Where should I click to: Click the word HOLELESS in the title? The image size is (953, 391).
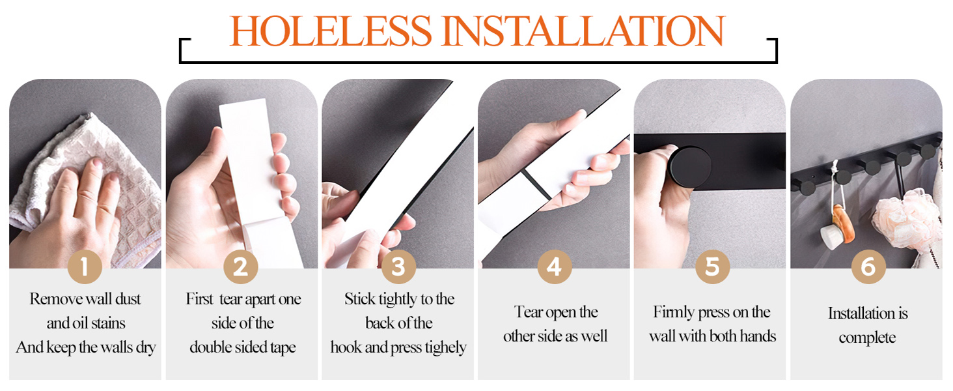(x=331, y=31)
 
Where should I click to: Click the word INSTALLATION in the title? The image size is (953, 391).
(x=583, y=31)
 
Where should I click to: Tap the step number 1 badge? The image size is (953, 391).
(x=85, y=267)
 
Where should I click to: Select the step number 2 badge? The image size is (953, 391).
(x=241, y=267)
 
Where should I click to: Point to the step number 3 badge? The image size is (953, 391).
(x=398, y=267)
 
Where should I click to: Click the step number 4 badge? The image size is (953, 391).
(x=555, y=267)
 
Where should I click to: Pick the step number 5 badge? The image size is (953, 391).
(x=712, y=267)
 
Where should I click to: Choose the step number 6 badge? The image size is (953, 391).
(x=868, y=267)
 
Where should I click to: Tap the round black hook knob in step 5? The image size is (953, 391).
(x=690, y=167)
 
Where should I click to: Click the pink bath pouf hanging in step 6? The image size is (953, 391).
(x=906, y=222)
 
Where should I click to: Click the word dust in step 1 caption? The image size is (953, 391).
(x=128, y=299)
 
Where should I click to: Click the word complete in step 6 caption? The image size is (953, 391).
(x=867, y=338)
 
